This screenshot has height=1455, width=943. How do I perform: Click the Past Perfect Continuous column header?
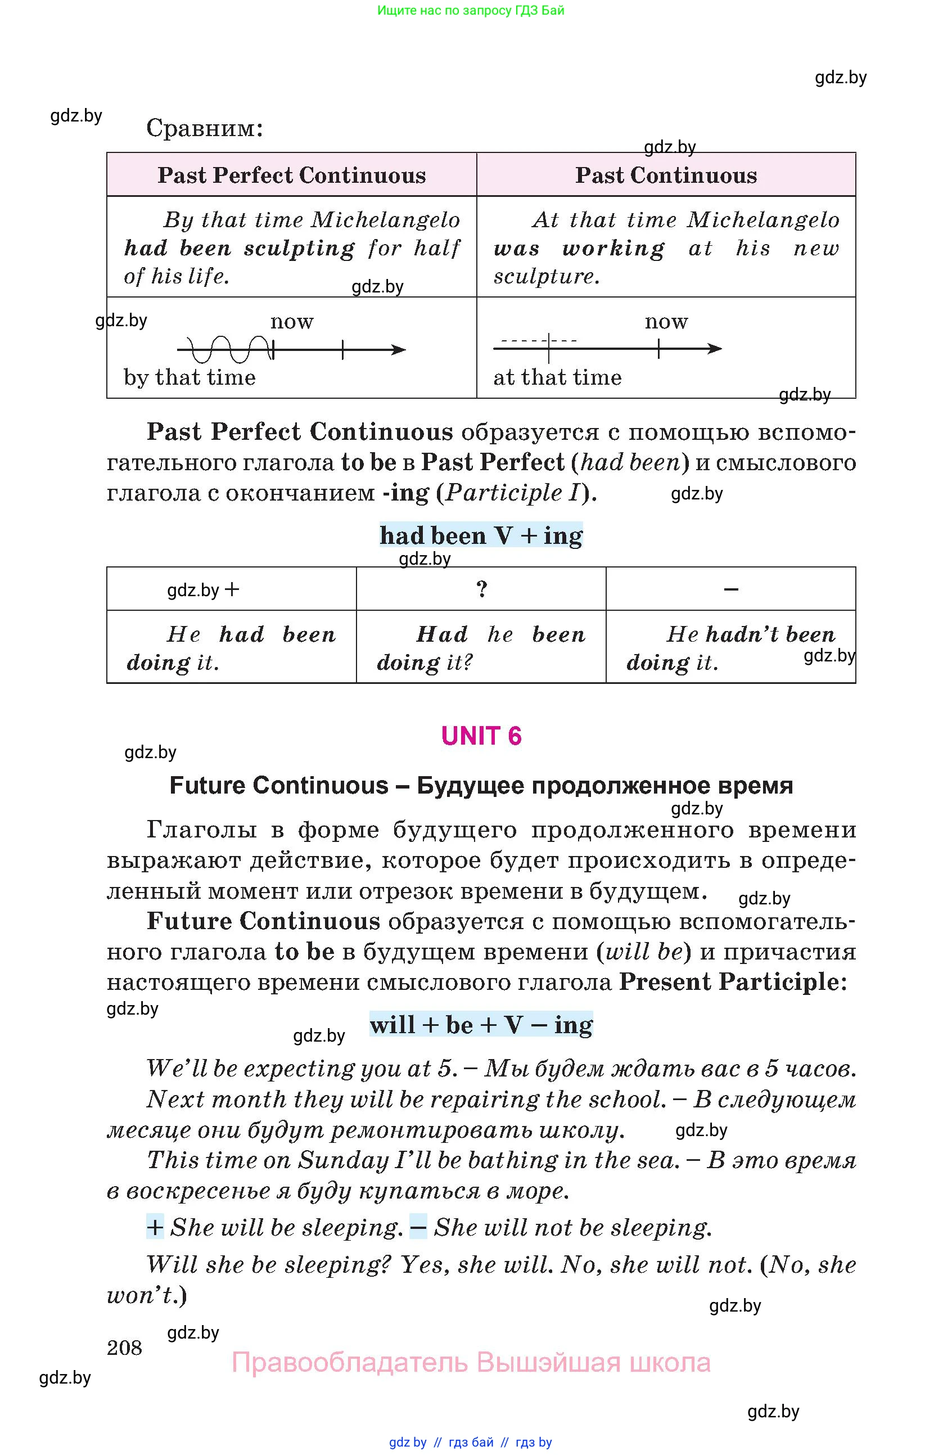click(x=291, y=175)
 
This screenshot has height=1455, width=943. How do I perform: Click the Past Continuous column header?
click(x=666, y=175)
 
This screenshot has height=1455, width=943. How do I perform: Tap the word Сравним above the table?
click(x=204, y=128)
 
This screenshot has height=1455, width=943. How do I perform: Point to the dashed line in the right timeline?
click(x=538, y=340)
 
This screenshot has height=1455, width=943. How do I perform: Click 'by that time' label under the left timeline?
click(x=189, y=377)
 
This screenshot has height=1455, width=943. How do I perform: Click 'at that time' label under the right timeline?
click(x=557, y=377)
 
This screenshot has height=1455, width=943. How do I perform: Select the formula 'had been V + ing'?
click(x=481, y=535)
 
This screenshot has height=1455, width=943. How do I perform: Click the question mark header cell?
click(x=481, y=589)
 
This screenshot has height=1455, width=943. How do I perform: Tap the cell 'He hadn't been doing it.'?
click(x=730, y=647)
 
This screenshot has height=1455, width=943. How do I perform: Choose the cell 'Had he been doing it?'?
click(x=481, y=647)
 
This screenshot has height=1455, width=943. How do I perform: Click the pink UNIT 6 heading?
click(x=481, y=736)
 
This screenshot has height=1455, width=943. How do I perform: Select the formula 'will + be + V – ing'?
click(x=481, y=1025)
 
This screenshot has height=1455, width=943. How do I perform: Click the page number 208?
click(x=124, y=1348)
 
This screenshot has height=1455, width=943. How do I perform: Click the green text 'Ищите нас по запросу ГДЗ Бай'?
click(x=471, y=10)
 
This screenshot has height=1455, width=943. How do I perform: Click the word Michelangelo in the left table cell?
click(x=386, y=220)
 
